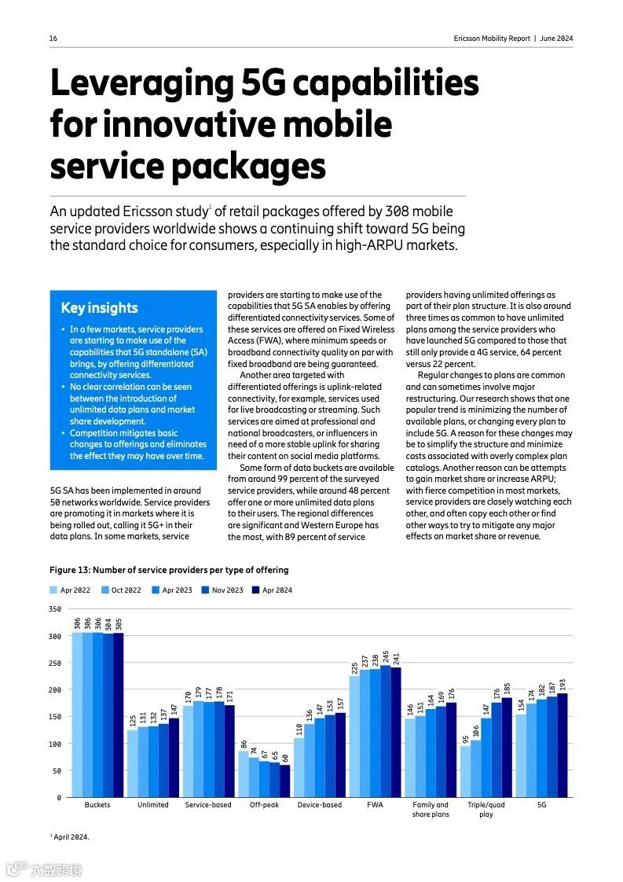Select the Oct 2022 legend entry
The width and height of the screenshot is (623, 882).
point(121,590)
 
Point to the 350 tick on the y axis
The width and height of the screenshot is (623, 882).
point(54,609)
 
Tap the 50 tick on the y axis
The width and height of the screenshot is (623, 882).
point(56,770)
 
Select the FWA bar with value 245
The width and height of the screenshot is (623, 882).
point(385,731)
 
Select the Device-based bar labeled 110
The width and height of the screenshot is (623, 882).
point(299,767)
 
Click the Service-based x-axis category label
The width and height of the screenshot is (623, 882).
point(208,805)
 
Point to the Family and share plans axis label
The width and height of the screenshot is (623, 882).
point(431,810)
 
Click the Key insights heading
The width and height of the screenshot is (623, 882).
point(99,308)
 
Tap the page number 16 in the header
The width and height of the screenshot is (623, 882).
point(53,39)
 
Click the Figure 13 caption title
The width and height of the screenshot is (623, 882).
point(169,570)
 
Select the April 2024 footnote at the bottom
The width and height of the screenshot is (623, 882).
point(70,837)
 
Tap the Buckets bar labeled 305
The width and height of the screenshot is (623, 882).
point(119,715)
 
